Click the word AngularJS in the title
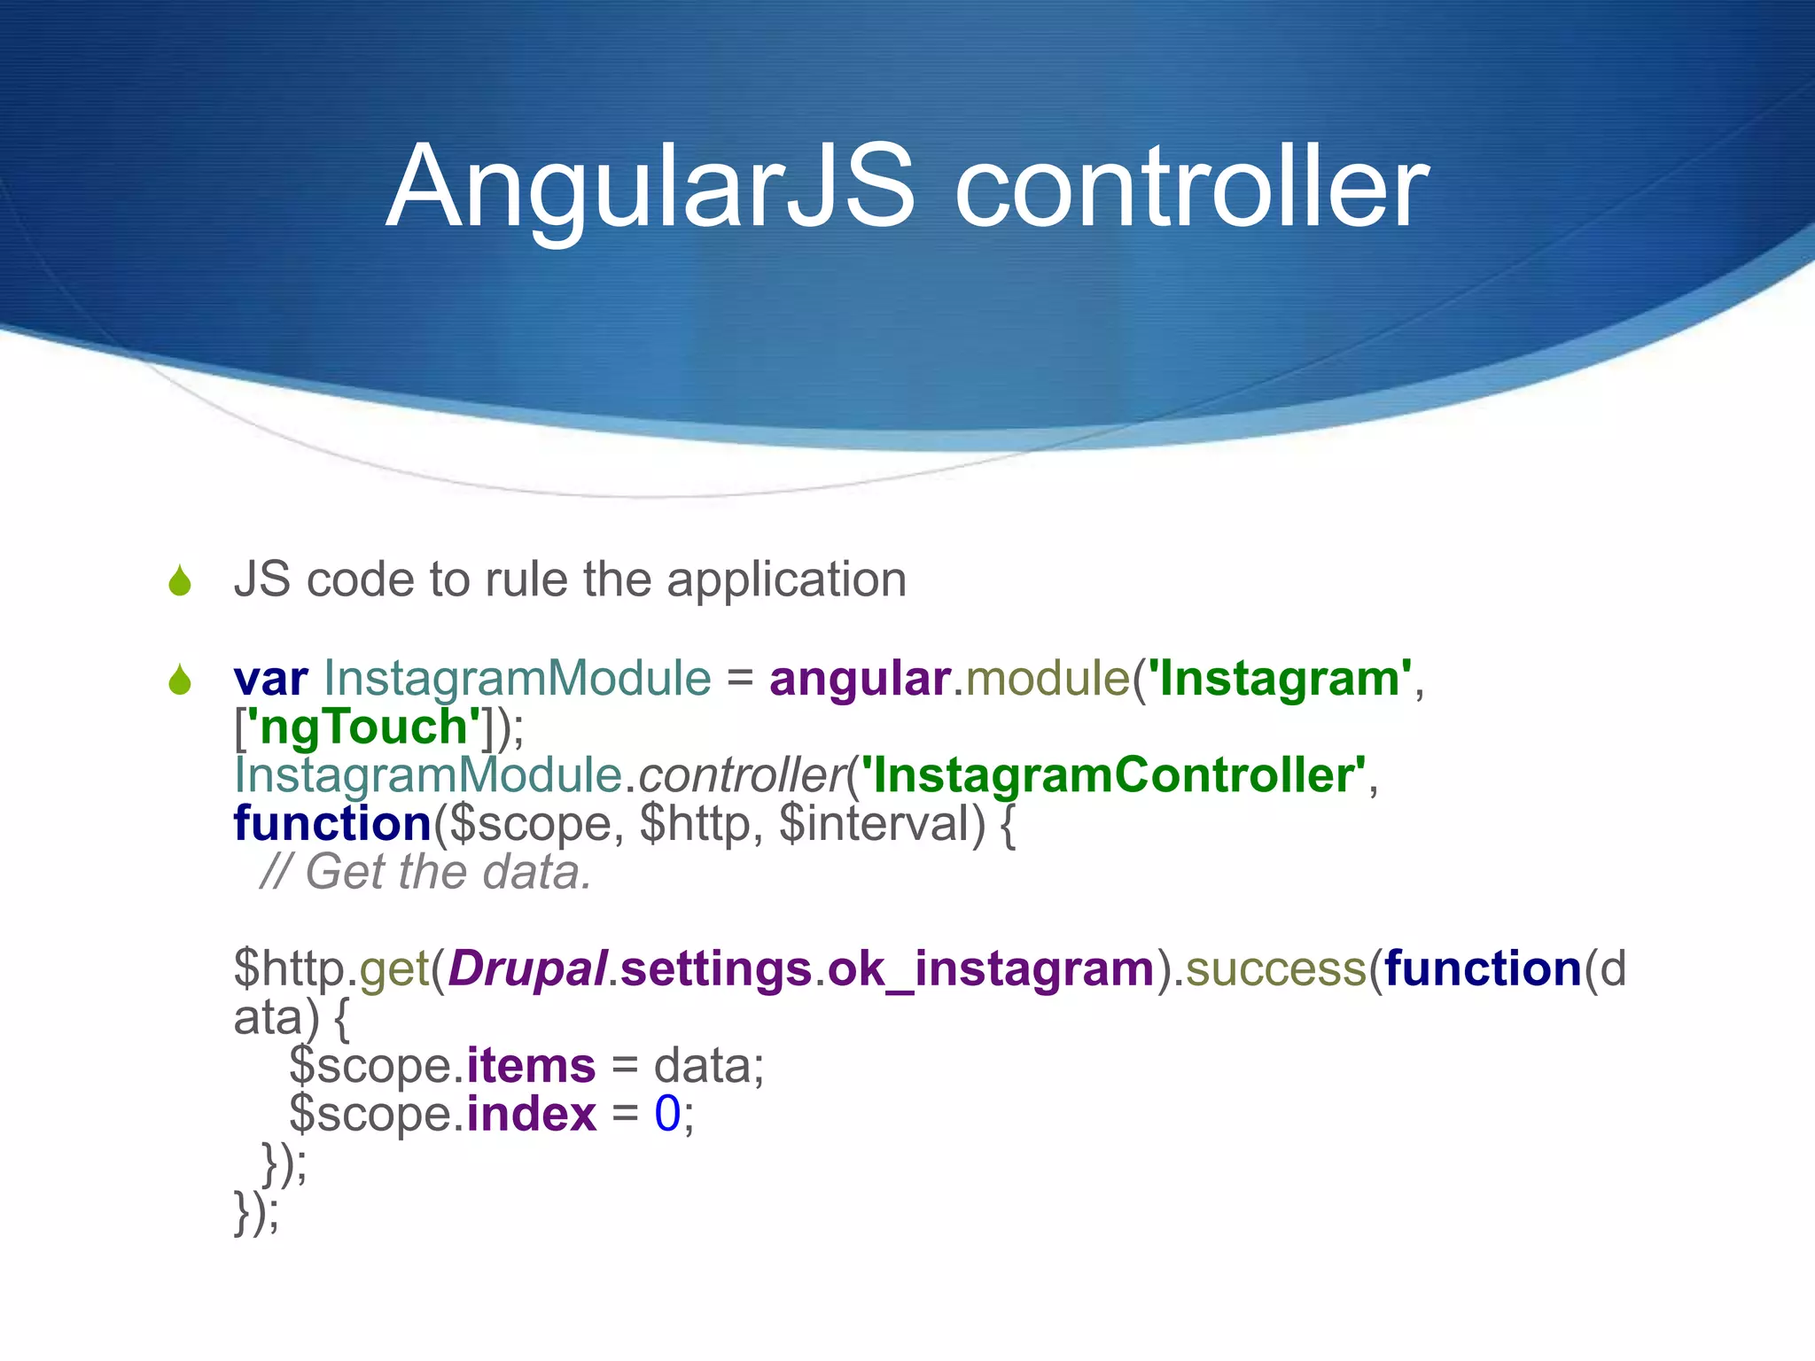[650, 188]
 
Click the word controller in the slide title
[1190, 188]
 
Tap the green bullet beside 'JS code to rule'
[180, 581]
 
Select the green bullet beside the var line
[180, 680]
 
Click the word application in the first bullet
[786, 581]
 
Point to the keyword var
[270, 680]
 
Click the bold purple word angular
[860, 680]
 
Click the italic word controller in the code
[741, 776]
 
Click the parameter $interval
[881, 824]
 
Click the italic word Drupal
[528, 968]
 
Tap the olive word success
[1276, 968]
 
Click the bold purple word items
[531, 1065]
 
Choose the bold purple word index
[531, 1114]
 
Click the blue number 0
[666, 1114]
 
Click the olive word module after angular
[1048, 680]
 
